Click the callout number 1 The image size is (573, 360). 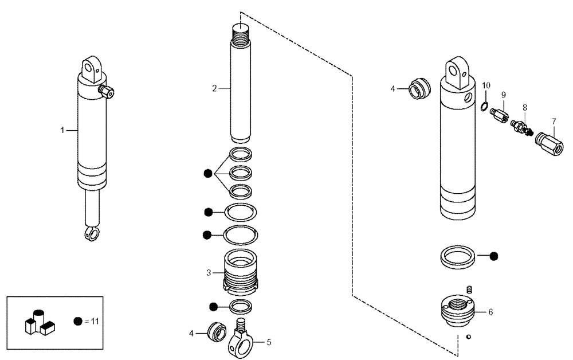coord(63,131)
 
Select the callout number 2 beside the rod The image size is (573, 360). coord(214,88)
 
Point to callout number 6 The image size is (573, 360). coord(490,312)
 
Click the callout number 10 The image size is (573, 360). coord(486,85)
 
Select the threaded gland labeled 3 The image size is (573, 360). coord(240,271)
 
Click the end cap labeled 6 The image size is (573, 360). coord(458,311)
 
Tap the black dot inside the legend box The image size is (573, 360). coord(78,321)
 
